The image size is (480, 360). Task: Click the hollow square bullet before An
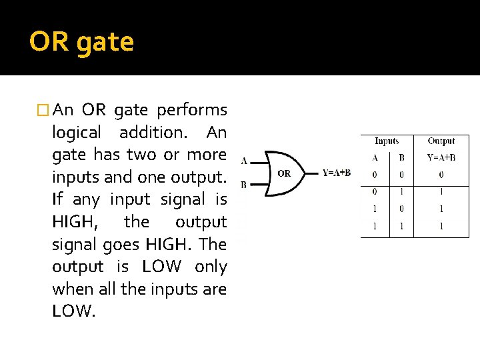[x=45, y=110]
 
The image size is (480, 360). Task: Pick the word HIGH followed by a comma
[x=75, y=222]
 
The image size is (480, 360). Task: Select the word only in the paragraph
[x=211, y=267]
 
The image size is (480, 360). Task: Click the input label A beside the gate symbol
[x=244, y=161]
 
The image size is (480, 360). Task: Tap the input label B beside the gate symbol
[x=244, y=184]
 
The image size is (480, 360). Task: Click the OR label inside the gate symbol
[x=284, y=173]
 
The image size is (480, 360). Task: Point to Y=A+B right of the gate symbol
[x=337, y=173]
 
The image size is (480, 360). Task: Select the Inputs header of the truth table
[x=387, y=141]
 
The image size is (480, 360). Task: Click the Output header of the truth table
[x=441, y=141]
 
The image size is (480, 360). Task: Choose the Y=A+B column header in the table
[x=441, y=158]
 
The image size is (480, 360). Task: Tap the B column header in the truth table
[x=401, y=158]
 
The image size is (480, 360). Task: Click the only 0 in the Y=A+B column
[x=441, y=175]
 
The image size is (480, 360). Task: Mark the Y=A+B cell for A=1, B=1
[x=441, y=226]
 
